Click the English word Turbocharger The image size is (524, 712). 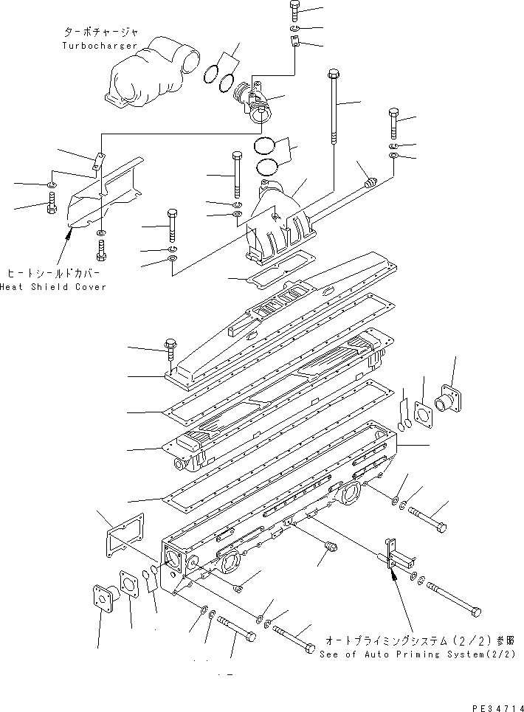[x=100, y=46]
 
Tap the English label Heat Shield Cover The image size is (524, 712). [x=52, y=286]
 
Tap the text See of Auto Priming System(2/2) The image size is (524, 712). [x=416, y=654]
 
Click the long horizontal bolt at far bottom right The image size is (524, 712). [x=452, y=599]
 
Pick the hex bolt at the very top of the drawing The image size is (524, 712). [x=294, y=11]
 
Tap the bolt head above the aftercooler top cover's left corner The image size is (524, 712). [x=170, y=344]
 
